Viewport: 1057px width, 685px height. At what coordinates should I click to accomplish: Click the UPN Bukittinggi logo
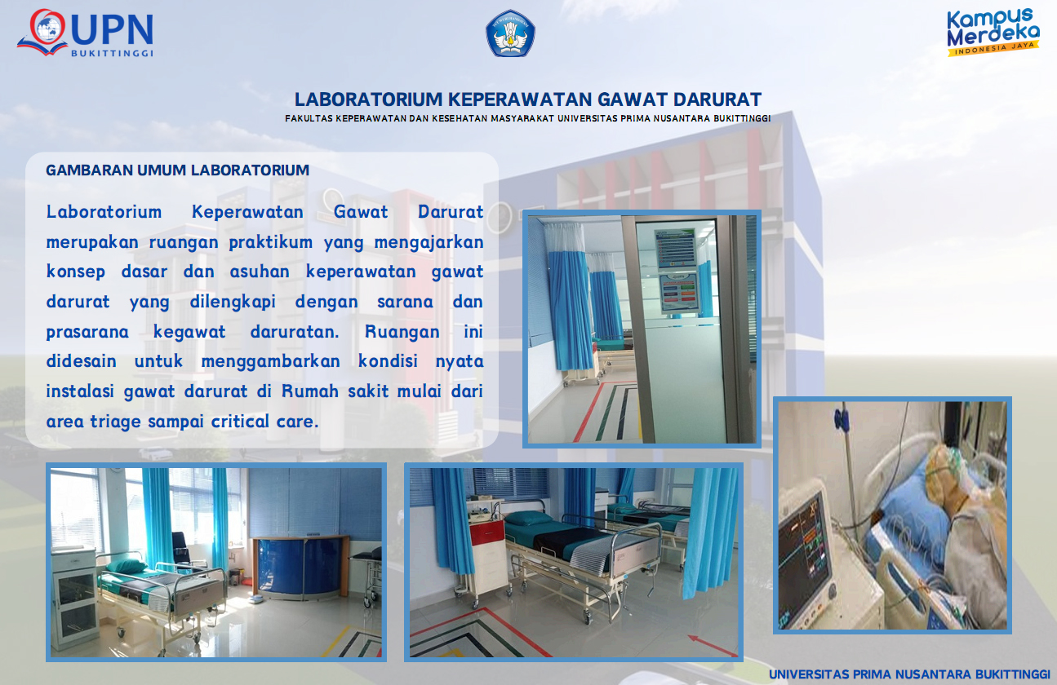pyautogui.click(x=86, y=33)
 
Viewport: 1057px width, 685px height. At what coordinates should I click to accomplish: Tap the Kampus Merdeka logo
pyautogui.click(x=993, y=32)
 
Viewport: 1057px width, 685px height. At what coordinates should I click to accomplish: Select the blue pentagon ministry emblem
pyautogui.click(x=510, y=33)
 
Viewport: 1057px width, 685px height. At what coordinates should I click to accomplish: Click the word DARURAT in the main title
pyautogui.click(x=717, y=99)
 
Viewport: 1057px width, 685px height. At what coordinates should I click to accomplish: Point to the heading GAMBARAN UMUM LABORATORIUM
pyautogui.click(x=177, y=170)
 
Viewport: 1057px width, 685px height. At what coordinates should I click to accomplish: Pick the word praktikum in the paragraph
pyautogui.click(x=270, y=242)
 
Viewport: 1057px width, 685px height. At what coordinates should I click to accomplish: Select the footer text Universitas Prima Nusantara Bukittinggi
pyautogui.click(x=909, y=674)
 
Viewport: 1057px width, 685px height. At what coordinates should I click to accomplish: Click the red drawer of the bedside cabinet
pyautogui.click(x=486, y=533)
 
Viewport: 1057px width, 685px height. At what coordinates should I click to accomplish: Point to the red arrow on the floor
pyautogui.click(x=712, y=645)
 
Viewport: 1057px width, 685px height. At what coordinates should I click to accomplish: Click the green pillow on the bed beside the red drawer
pyautogui.click(x=528, y=519)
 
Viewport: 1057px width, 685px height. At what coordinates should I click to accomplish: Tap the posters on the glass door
pyautogui.click(x=676, y=271)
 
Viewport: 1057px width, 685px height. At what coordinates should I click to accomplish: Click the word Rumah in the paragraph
pyautogui.click(x=310, y=391)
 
